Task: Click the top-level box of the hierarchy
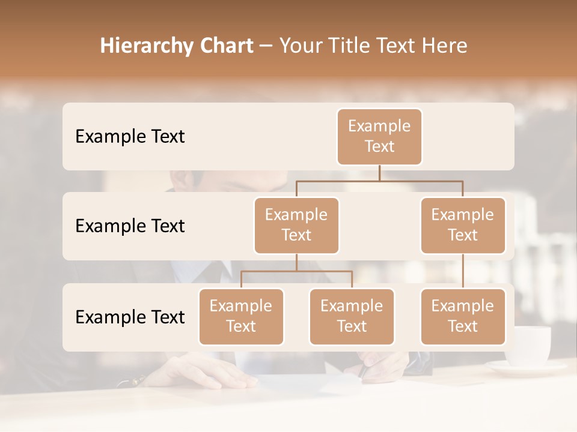(379, 137)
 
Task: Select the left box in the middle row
(296, 226)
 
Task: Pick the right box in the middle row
(463, 226)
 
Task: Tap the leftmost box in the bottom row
(241, 317)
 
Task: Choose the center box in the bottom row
(352, 317)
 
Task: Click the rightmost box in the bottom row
(463, 317)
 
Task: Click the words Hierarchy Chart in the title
(176, 46)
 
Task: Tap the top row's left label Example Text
(130, 137)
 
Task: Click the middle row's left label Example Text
(130, 226)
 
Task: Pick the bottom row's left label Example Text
(130, 317)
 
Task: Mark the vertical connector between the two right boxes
(463, 271)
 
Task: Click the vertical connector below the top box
(379, 173)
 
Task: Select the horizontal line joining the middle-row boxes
(379, 181)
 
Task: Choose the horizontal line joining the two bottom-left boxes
(296, 271)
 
